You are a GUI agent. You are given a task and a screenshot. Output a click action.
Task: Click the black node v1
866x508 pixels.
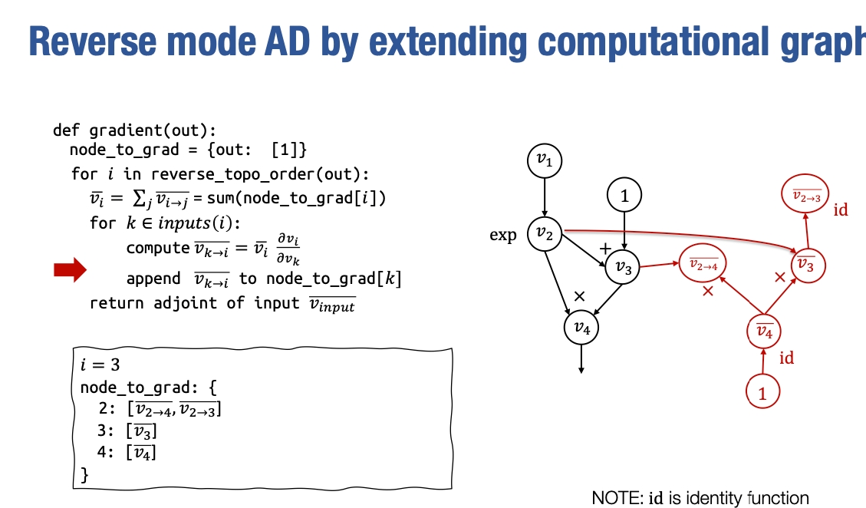545,160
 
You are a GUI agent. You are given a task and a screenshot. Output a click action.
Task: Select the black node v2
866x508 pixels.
545,234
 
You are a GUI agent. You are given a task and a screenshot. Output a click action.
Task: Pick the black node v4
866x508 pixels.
581,328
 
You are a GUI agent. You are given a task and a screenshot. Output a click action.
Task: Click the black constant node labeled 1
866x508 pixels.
624,196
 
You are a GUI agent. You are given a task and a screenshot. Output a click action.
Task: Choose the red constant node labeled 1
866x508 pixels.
762,394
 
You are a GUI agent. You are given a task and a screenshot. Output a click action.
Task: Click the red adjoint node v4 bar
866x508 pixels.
764,332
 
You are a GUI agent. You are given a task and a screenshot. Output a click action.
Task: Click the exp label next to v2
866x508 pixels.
503,235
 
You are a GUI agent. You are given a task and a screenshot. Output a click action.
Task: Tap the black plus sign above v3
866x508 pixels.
604,249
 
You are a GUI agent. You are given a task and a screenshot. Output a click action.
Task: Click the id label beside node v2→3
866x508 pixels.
841,209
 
